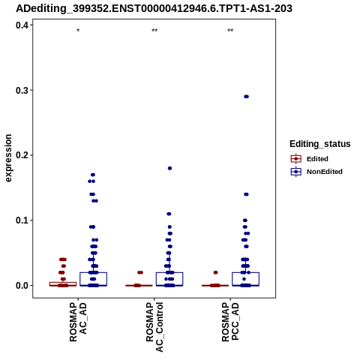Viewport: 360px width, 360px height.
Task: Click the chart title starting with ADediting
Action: click(154, 8)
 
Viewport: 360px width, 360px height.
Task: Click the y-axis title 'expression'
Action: click(8, 158)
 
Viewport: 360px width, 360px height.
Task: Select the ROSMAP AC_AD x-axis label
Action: click(78, 322)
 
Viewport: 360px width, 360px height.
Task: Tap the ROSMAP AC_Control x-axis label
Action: click(154, 327)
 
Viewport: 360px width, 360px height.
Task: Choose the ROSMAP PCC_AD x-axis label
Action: click(230, 322)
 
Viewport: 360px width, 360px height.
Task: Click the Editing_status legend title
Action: click(320, 144)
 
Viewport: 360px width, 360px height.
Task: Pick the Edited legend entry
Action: click(309, 159)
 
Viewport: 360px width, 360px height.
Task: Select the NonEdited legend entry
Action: click(316, 172)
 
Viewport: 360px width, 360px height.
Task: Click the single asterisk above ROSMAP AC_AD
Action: click(78, 31)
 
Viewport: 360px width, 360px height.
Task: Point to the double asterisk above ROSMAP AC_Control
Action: click(154, 31)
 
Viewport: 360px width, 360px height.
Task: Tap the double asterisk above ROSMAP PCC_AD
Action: click(230, 31)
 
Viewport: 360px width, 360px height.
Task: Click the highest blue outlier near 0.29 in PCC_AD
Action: click(246, 97)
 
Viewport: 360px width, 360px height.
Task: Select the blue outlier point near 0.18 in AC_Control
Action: click(169, 168)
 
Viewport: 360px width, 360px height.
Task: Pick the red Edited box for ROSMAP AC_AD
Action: click(63, 283)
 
